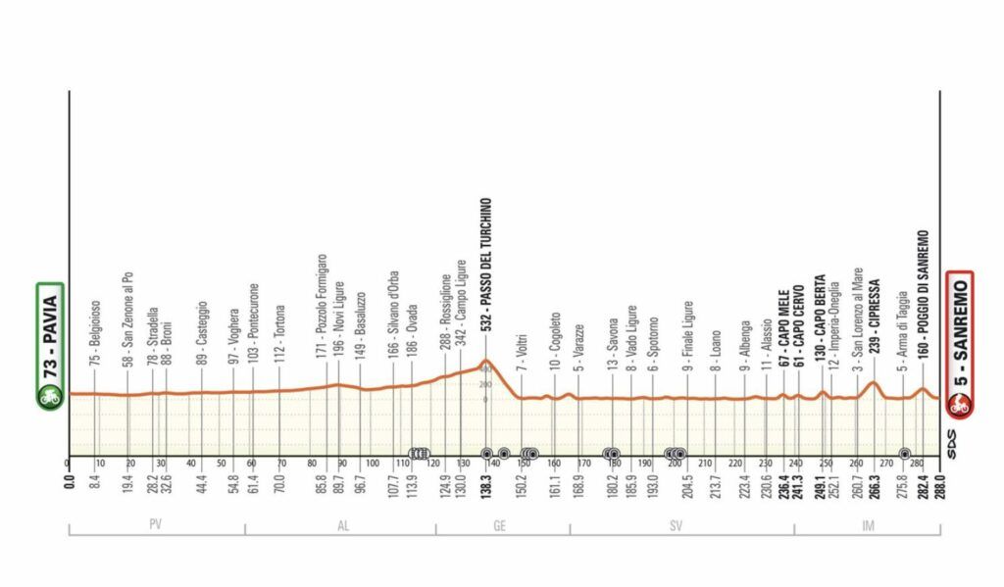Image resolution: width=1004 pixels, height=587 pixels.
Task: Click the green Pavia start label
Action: [x=51, y=333]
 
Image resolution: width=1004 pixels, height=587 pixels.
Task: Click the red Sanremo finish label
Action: [x=959, y=333]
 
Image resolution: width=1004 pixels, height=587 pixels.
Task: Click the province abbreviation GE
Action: [x=499, y=525]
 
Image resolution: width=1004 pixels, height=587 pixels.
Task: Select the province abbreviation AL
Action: [x=342, y=525]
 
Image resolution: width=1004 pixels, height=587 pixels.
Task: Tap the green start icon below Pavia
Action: [x=51, y=399]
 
